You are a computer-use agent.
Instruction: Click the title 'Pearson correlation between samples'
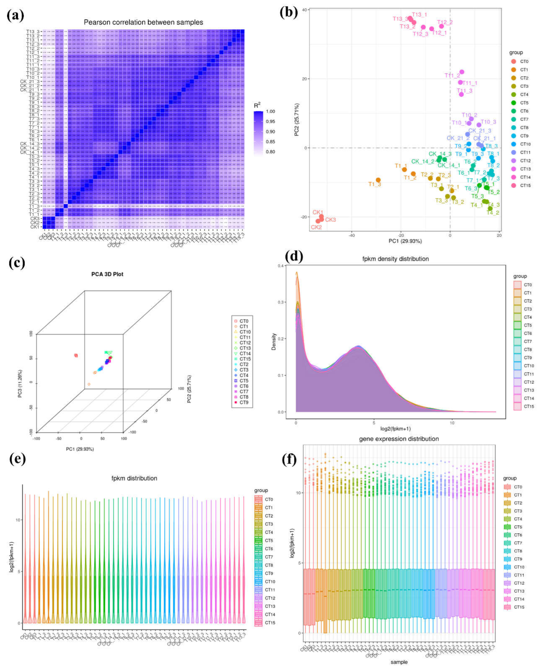click(x=143, y=22)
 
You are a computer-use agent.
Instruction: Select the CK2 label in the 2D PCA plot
click(x=316, y=227)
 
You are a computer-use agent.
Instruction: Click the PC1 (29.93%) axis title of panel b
click(x=405, y=241)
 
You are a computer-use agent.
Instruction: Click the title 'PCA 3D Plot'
click(x=107, y=274)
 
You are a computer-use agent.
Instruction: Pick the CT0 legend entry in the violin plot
click(x=269, y=499)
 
